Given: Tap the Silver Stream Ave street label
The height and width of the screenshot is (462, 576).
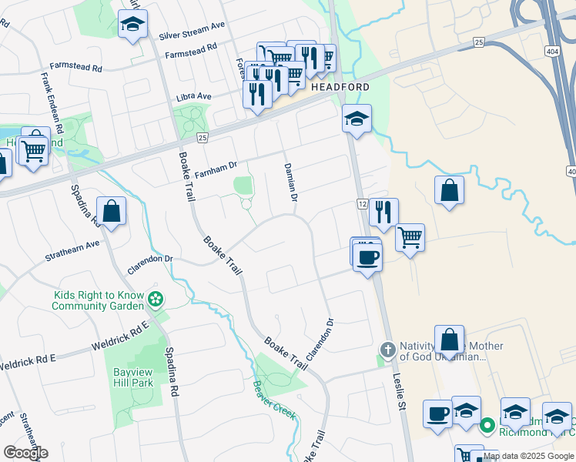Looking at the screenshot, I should click(192, 35).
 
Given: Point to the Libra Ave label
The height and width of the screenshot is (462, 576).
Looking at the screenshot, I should click(194, 96).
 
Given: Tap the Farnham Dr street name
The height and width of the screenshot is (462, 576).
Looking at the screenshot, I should click(215, 174).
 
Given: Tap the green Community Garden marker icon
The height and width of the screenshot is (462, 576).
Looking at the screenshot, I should click(156, 299).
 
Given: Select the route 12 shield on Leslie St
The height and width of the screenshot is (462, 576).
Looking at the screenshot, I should click(362, 203).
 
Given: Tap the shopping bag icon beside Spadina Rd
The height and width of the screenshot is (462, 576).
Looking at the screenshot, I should click(112, 210).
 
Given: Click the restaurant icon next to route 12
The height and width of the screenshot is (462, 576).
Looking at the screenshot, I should click(383, 212).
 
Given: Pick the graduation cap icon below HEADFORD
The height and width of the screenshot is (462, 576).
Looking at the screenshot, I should click(357, 119).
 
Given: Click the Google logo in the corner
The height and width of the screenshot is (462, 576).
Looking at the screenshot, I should click(25, 453).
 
